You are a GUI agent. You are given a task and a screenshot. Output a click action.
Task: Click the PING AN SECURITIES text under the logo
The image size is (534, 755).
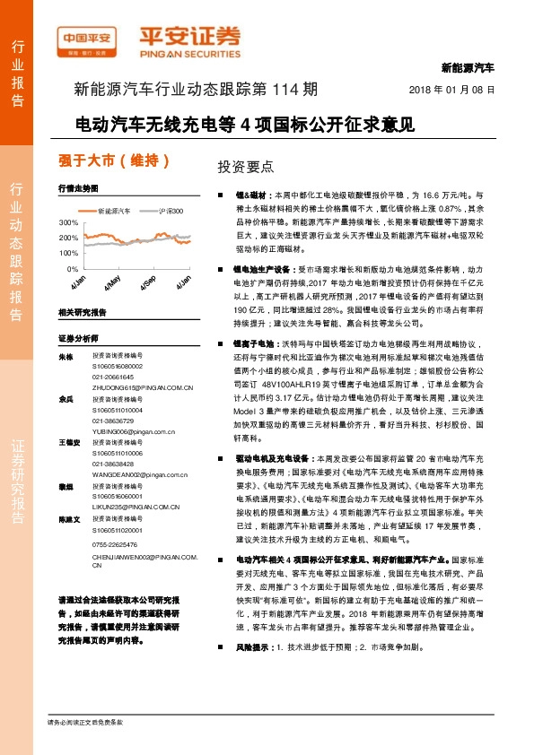point(189,52)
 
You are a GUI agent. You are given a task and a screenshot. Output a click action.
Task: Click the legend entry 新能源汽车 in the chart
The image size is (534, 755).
point(113,211)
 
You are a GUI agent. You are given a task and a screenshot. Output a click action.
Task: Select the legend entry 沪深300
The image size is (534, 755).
point(170,211)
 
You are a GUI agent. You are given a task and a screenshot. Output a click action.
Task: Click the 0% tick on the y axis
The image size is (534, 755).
point(72,268)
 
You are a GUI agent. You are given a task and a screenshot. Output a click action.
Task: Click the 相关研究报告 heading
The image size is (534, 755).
point(82,312)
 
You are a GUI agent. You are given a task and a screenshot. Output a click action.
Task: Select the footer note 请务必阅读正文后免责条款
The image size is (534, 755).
point(86,722)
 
